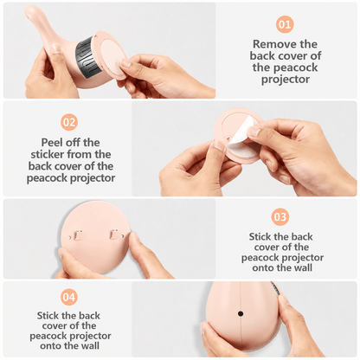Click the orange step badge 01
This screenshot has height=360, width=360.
285,24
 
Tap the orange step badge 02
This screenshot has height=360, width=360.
69,122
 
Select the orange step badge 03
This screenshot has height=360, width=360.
280,217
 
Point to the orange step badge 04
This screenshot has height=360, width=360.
69,297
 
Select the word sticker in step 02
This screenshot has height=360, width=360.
48,154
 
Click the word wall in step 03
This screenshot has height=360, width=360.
302,267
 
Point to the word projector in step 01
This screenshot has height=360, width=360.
286,80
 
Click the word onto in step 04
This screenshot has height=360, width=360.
49,345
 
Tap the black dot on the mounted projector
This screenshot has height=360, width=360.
241,313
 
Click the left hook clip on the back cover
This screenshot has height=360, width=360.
78,235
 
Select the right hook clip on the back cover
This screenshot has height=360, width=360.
113,235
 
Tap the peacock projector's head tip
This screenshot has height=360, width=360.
29,11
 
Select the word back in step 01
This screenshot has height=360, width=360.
262,55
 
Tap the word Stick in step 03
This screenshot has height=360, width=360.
260,236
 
